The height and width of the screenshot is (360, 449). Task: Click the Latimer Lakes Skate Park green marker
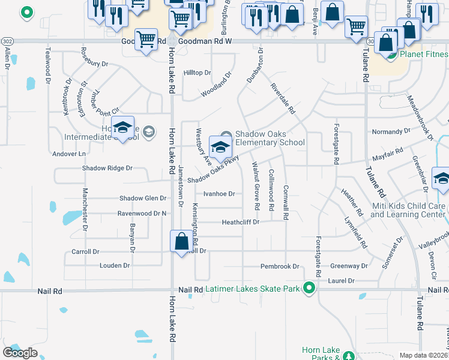[x=309, y=289]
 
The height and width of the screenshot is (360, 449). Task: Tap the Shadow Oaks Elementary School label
[x=270, y=138]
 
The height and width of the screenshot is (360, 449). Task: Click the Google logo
[x=20, y=353]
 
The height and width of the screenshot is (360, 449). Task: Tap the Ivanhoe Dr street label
[x=219, y=194]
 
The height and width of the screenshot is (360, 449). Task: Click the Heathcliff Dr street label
[x=240, y=222]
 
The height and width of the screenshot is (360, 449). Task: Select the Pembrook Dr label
[x=279, y=266]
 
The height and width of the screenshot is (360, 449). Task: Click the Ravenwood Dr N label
[x=142, y=213]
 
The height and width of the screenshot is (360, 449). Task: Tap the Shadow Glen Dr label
[x=143, y=199]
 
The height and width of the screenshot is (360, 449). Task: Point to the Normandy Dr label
[x=391, y=131]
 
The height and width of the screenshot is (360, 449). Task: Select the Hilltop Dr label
[x=197, y=73]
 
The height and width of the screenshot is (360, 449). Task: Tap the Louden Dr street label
[x=115, y=265]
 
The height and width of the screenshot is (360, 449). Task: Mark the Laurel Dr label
[x=342, y=281]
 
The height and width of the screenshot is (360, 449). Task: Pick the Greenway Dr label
[x=349, y=266]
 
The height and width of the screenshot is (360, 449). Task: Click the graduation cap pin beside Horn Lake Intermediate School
[x=122, y=129]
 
